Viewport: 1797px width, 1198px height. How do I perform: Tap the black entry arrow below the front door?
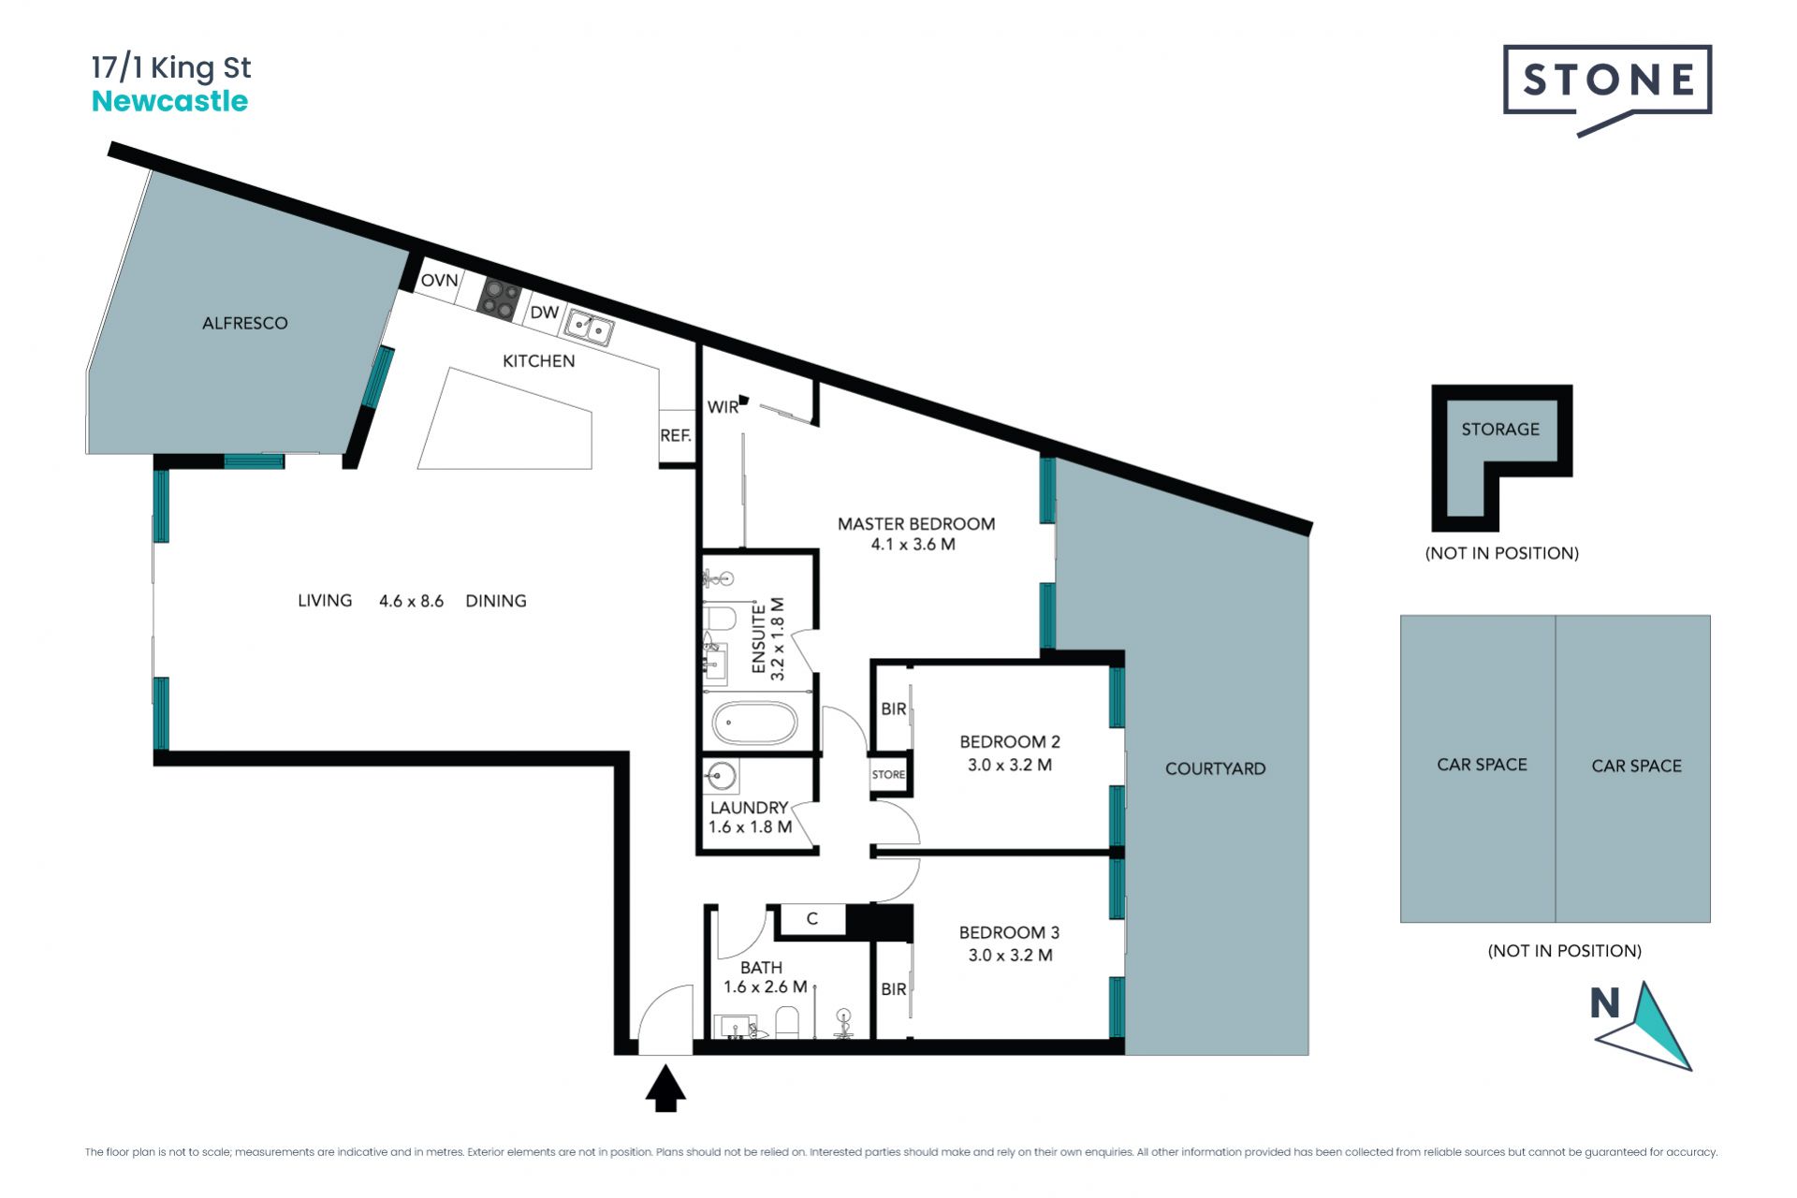[665, 1088]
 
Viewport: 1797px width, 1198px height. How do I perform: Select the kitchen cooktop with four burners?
[501, 299]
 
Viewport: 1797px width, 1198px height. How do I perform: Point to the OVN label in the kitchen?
[439, 280]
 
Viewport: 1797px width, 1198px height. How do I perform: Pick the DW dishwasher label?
[544, 313]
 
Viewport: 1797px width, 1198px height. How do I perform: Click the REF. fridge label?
[676, 435]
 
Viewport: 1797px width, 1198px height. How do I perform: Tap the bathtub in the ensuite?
[755, 723]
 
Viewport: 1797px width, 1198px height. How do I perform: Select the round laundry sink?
[722, 775]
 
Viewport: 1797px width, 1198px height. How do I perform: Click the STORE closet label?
[888, 775]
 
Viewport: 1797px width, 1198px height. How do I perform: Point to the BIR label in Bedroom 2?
[894, 709]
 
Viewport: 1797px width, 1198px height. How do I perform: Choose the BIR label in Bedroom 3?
[894, 988]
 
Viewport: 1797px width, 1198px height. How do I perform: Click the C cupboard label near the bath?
[812, 919]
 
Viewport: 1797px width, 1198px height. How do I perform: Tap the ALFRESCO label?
[245, 323]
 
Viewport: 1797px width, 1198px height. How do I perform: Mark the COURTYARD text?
[1216, 768]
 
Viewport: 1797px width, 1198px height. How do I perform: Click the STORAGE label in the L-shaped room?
[1500, 429]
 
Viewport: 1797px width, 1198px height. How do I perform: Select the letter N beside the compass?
[1605, 1003]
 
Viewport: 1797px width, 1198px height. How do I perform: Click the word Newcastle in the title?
[169, 101]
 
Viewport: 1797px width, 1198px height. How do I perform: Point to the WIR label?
[723, 407]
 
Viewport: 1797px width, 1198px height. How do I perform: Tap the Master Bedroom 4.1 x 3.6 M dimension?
[913, 545]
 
